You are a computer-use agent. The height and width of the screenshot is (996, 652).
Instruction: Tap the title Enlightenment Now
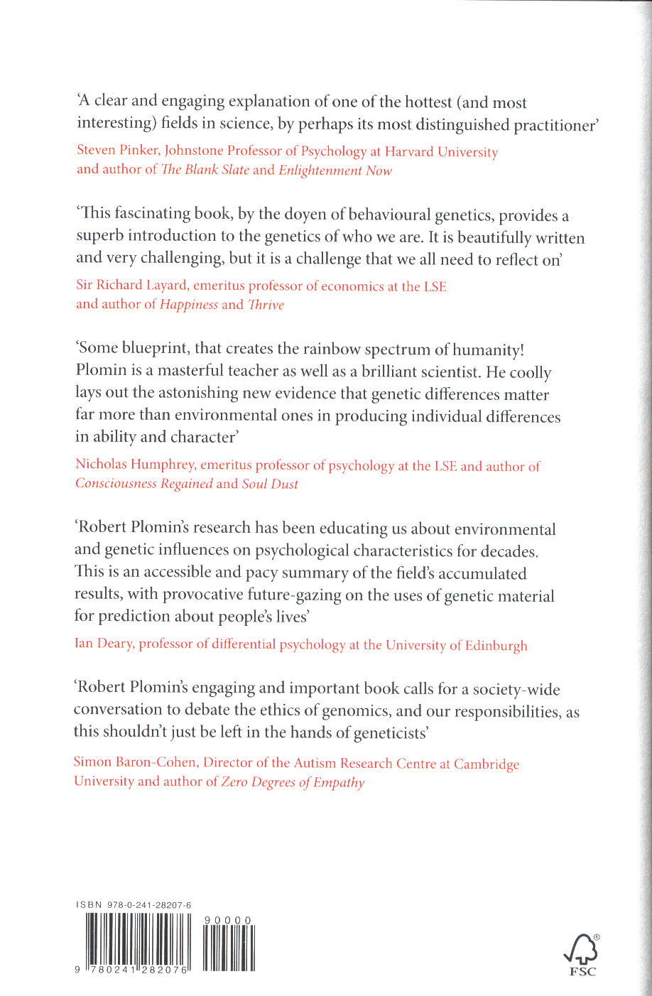click(x=335, y=170)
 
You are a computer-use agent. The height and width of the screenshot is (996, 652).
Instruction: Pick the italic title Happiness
click(x=189, y=305)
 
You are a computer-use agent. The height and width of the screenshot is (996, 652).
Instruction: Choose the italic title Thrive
click(x=266, y=305)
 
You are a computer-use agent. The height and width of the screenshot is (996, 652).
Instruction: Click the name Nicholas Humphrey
click(x=136, y=465)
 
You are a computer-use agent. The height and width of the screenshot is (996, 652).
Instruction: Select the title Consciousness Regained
click(x=144, y=484)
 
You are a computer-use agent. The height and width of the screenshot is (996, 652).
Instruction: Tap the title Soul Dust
click(x=270, y=484)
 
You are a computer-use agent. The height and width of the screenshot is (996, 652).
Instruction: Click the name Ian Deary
click(x=104, y=644)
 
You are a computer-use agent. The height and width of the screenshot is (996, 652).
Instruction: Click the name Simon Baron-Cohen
click(x=135, y=762)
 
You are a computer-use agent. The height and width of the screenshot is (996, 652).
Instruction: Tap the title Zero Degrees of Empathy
click(x=293, y=782)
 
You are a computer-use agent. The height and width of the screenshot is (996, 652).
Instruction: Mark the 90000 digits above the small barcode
click(x=227, y=921)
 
